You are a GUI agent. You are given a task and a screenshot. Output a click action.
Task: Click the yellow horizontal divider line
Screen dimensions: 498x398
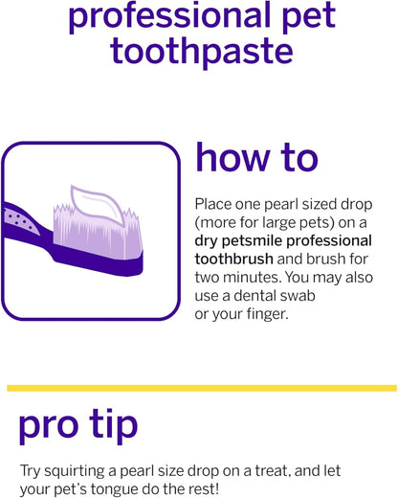(x=199, y=388)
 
